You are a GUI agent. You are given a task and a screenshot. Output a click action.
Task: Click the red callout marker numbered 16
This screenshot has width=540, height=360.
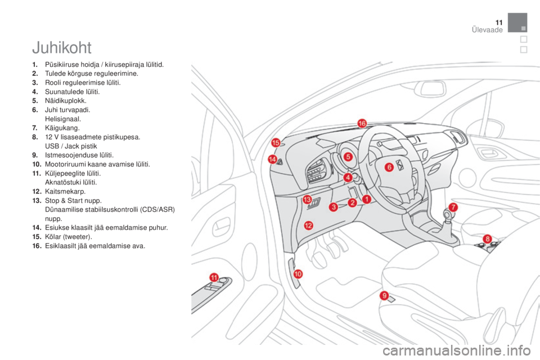[x=362, y=123]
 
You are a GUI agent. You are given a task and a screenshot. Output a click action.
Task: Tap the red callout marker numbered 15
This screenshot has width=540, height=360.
[x=276, y=143]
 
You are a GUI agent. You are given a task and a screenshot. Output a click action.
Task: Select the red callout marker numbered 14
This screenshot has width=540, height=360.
[x=272, y=159]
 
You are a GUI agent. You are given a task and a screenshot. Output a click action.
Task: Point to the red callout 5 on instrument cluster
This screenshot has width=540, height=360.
[x=348, y=157]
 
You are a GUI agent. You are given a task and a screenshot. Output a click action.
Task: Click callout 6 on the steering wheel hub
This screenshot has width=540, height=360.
[x=389, y=168]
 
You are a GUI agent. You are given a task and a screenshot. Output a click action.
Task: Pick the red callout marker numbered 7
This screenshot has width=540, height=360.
[x=453, y=207]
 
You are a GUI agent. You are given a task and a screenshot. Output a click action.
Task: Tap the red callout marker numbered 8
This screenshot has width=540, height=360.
[x=487, y=238]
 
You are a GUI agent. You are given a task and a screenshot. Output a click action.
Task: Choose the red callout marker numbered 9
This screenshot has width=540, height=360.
[x=384, y=295]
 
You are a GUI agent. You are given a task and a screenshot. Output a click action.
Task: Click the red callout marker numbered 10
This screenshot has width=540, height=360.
[x=298, y=274]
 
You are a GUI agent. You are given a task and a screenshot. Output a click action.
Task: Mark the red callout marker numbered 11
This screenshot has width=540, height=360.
[x=214, y=277]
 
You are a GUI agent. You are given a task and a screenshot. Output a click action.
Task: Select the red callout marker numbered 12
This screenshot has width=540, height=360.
[x=308, y=226]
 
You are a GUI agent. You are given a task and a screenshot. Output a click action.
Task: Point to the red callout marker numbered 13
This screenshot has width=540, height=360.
[x=307, y=199]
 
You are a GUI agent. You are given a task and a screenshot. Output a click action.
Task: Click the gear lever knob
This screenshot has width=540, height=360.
[x=447, y=215]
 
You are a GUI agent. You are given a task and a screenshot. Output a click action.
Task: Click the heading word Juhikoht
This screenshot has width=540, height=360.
[x=62, y=48]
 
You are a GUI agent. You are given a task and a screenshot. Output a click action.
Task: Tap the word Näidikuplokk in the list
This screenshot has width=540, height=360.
[x=65, y=101]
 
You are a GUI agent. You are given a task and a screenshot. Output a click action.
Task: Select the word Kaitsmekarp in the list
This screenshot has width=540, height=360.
[x=65, y=192]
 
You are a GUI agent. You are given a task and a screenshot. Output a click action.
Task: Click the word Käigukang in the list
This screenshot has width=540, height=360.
[x=62, y=128]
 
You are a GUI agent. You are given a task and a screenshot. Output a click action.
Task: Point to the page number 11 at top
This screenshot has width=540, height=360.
[x=499, y=22]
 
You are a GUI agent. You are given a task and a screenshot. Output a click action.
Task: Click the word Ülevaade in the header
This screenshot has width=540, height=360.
[x=487, y=30]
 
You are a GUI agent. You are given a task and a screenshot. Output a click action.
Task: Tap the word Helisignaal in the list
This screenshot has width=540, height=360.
[x=63, y=119]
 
